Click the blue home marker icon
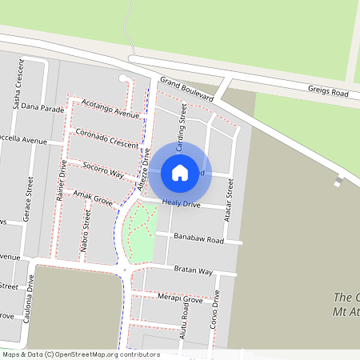[180, 172]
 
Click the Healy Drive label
[181, 206]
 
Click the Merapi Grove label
[182, 299]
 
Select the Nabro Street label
[86, 231]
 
